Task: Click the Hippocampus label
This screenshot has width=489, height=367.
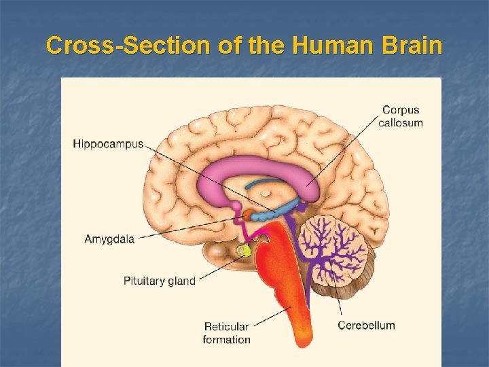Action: (108, 144)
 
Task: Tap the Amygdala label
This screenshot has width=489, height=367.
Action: (109, 239)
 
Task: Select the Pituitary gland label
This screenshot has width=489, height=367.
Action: (159, 281)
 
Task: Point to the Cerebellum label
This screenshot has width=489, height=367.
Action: (366, 325)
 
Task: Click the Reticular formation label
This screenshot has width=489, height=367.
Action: (226, 333)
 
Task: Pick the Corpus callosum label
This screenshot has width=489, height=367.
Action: (401, 116)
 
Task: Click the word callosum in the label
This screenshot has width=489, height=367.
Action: (401, 123)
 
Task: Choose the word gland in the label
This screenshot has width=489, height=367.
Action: (181, 281)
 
